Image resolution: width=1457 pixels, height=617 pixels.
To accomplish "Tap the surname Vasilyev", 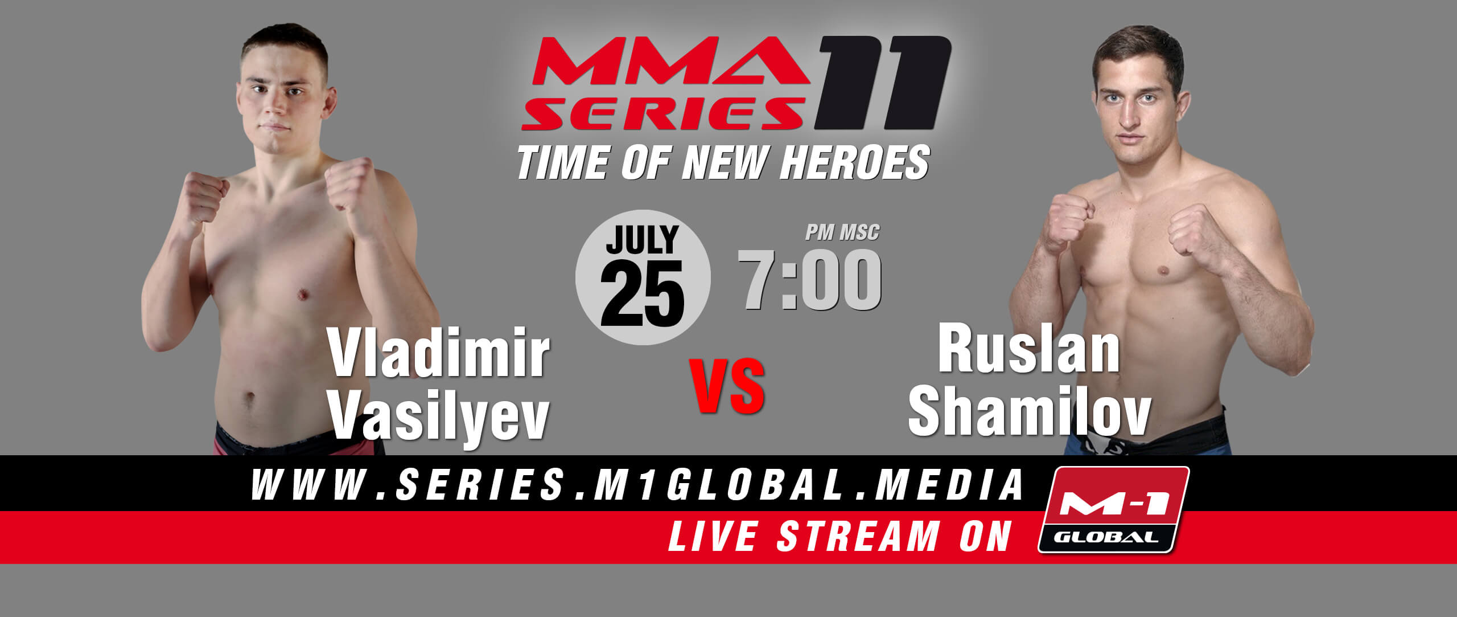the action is (439, 417).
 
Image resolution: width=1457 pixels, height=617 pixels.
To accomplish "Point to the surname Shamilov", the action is (1029, 411).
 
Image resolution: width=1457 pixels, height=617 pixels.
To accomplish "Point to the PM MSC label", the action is (842, 232).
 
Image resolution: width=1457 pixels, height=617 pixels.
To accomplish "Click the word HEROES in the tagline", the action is (855, 162).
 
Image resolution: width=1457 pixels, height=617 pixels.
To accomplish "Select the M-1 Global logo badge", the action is (1113, 509).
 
